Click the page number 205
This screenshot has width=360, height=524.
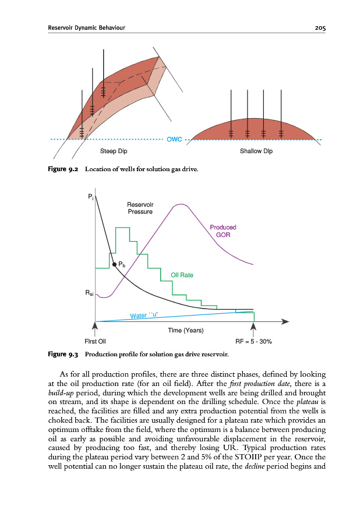[x=316, y=27]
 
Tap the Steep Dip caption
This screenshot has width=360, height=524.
[x=114, y=151]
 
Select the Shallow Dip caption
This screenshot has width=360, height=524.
[x=256, y=151]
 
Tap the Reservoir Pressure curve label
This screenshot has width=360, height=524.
[x=140, y=208]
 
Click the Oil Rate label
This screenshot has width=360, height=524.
[x=182, y=275]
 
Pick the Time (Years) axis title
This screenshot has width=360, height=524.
[x=185, y=330]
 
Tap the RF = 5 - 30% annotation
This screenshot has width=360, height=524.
[x=253, y=341]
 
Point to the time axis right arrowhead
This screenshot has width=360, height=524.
[x=285, y=321]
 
